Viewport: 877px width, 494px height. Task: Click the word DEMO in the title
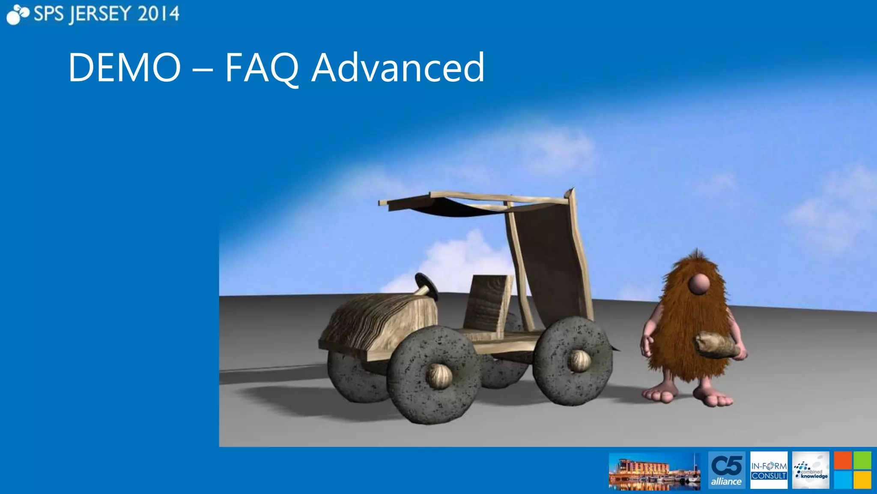coord(125,67)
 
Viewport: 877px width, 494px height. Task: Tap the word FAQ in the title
coord(261,67)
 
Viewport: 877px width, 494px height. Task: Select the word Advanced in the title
coord(398,67)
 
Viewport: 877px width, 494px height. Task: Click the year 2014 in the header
coord(158,14)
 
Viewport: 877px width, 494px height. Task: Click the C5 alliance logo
coord(726,470)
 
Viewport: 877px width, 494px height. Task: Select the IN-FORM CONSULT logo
coord(769,470)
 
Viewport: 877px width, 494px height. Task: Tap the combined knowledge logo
coord(810,470)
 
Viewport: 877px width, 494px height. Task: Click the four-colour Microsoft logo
coord(852,470)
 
